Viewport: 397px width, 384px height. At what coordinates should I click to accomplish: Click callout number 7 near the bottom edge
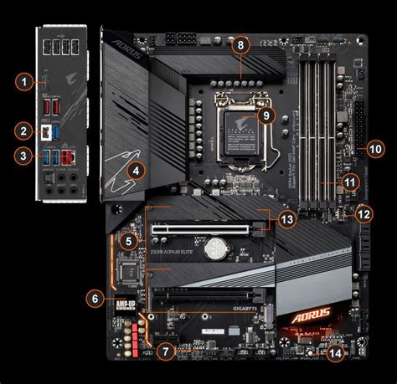pos(166,352)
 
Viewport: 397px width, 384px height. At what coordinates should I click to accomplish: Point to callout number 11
pos(350,181)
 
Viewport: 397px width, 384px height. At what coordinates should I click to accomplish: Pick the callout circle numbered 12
pos(363,214)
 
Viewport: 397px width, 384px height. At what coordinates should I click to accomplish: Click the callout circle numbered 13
pos(287,218)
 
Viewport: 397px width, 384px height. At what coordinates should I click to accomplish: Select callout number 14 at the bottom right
pos(335,354)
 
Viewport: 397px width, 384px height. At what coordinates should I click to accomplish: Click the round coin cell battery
pos(217,248)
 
